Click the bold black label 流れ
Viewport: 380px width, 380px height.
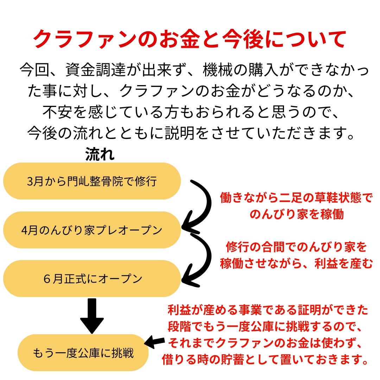point(100,154)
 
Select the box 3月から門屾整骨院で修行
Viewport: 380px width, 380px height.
point(92,181)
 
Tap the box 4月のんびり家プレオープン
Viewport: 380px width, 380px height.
point(92,230)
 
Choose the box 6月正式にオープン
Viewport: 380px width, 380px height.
point(92,279)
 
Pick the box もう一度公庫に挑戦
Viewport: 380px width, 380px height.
point(83,353)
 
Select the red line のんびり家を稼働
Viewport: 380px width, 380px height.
point(296,215)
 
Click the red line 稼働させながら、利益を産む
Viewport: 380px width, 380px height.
point(296,264)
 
